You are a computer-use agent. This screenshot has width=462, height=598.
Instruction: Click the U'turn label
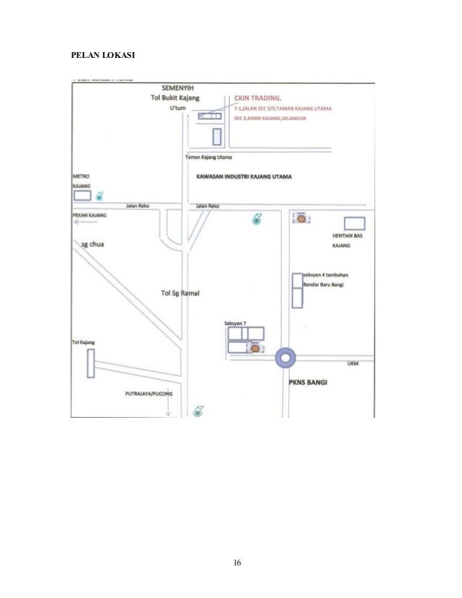point(177,107)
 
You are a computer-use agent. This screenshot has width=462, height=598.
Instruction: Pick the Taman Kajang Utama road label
point(209,157)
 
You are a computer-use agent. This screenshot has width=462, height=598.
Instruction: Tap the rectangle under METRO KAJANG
point(82,195)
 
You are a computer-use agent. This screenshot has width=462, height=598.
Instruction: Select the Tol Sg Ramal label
point(180,293)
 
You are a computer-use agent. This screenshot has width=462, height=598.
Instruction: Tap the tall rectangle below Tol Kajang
point(90,363)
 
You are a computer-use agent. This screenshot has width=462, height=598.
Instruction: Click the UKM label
point(353,363)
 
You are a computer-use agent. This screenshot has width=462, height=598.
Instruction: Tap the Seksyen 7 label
point(235,323)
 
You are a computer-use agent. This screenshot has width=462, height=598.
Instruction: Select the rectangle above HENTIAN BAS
point(354,223)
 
